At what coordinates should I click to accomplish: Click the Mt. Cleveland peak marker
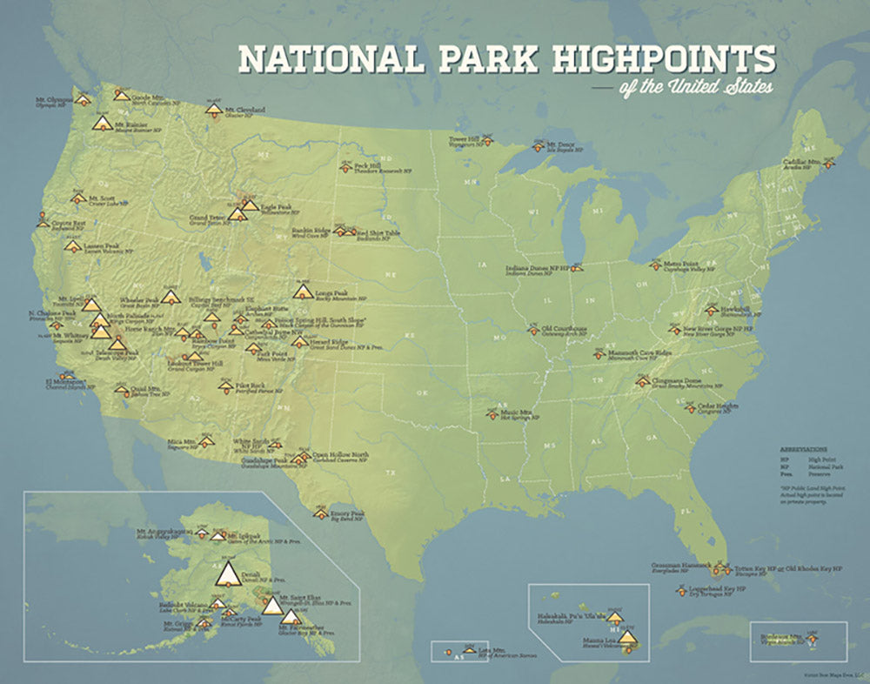[213, 109]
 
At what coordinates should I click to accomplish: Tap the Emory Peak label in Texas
[347, 513]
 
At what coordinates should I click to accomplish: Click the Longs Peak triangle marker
[303, 291]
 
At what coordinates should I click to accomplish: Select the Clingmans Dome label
[673, 379]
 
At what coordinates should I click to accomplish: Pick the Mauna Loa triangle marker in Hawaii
[627, 638]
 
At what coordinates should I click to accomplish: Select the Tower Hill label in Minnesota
[464, 138]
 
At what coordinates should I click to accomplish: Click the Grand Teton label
[208, 218]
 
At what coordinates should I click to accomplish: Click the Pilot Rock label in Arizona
[251, 384]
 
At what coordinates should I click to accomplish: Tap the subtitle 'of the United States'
[695, 88]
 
